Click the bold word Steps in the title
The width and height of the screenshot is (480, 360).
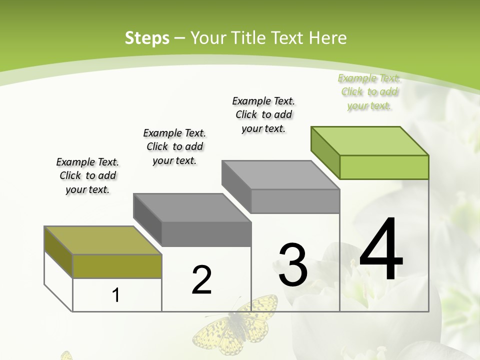146,38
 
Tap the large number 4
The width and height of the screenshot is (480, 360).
381,250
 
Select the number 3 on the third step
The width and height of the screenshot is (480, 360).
293,265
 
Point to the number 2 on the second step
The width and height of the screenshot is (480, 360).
202,280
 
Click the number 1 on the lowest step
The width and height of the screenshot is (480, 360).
116,295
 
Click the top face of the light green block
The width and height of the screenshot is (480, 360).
370,140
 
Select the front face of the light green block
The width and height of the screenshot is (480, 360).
384,167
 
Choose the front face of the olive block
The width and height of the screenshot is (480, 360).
117,266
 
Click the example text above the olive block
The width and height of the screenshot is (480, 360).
87,176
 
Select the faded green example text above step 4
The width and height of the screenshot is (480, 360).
369,92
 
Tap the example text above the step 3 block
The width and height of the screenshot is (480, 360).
263,114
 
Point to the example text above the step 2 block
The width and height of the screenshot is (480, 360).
174,146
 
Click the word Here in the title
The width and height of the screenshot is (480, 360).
329,38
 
